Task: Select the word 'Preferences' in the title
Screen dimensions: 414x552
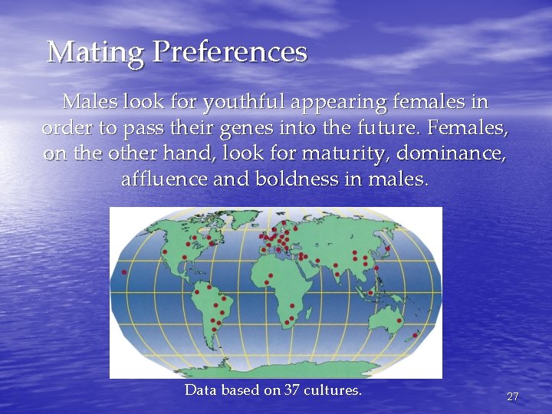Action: pyautogui.click(x=230, y=53)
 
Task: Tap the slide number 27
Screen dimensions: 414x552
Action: pyautogui.click(x=513, y=396)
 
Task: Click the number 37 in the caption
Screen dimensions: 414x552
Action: pyautogui.click(x=291, y=390)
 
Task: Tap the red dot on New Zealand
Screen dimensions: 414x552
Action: pyautogui.click(x=416, y=335)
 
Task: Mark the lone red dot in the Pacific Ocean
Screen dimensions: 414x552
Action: pyautogui.click(x=124, y=272)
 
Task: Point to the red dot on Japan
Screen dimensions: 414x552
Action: pyautogui.click(x=387, y=248)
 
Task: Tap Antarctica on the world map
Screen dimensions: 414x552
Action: pyautogui.click(x=276, y=368)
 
